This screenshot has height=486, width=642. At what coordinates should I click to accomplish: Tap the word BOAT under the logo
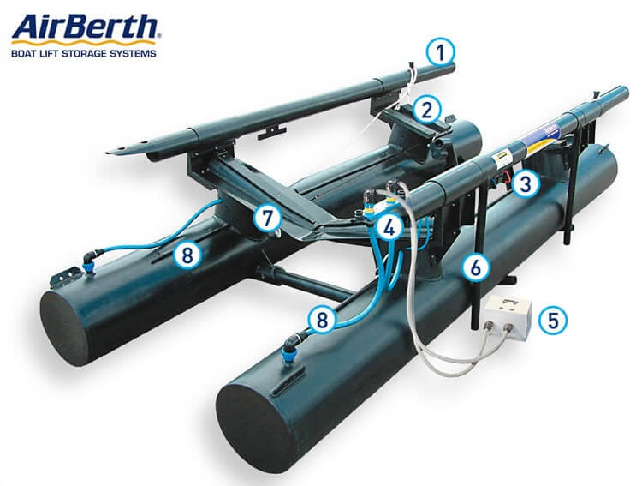[22, 53]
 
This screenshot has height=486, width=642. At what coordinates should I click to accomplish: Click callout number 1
[440, 53]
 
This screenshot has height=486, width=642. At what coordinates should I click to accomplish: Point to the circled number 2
[426, 111]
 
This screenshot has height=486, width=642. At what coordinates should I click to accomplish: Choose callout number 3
[526, 184]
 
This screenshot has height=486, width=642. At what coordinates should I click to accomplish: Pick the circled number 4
[389, 228]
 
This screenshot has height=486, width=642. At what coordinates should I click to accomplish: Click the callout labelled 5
[553, 320]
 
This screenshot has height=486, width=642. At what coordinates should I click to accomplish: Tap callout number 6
[476, 268]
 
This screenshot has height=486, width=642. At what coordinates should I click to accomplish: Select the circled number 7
[267, 218]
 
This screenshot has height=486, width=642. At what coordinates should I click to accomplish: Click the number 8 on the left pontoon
[187, 255]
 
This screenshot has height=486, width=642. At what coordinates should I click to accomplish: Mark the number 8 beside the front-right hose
[322, 320]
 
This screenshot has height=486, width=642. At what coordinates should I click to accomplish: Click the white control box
[508, 318]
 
